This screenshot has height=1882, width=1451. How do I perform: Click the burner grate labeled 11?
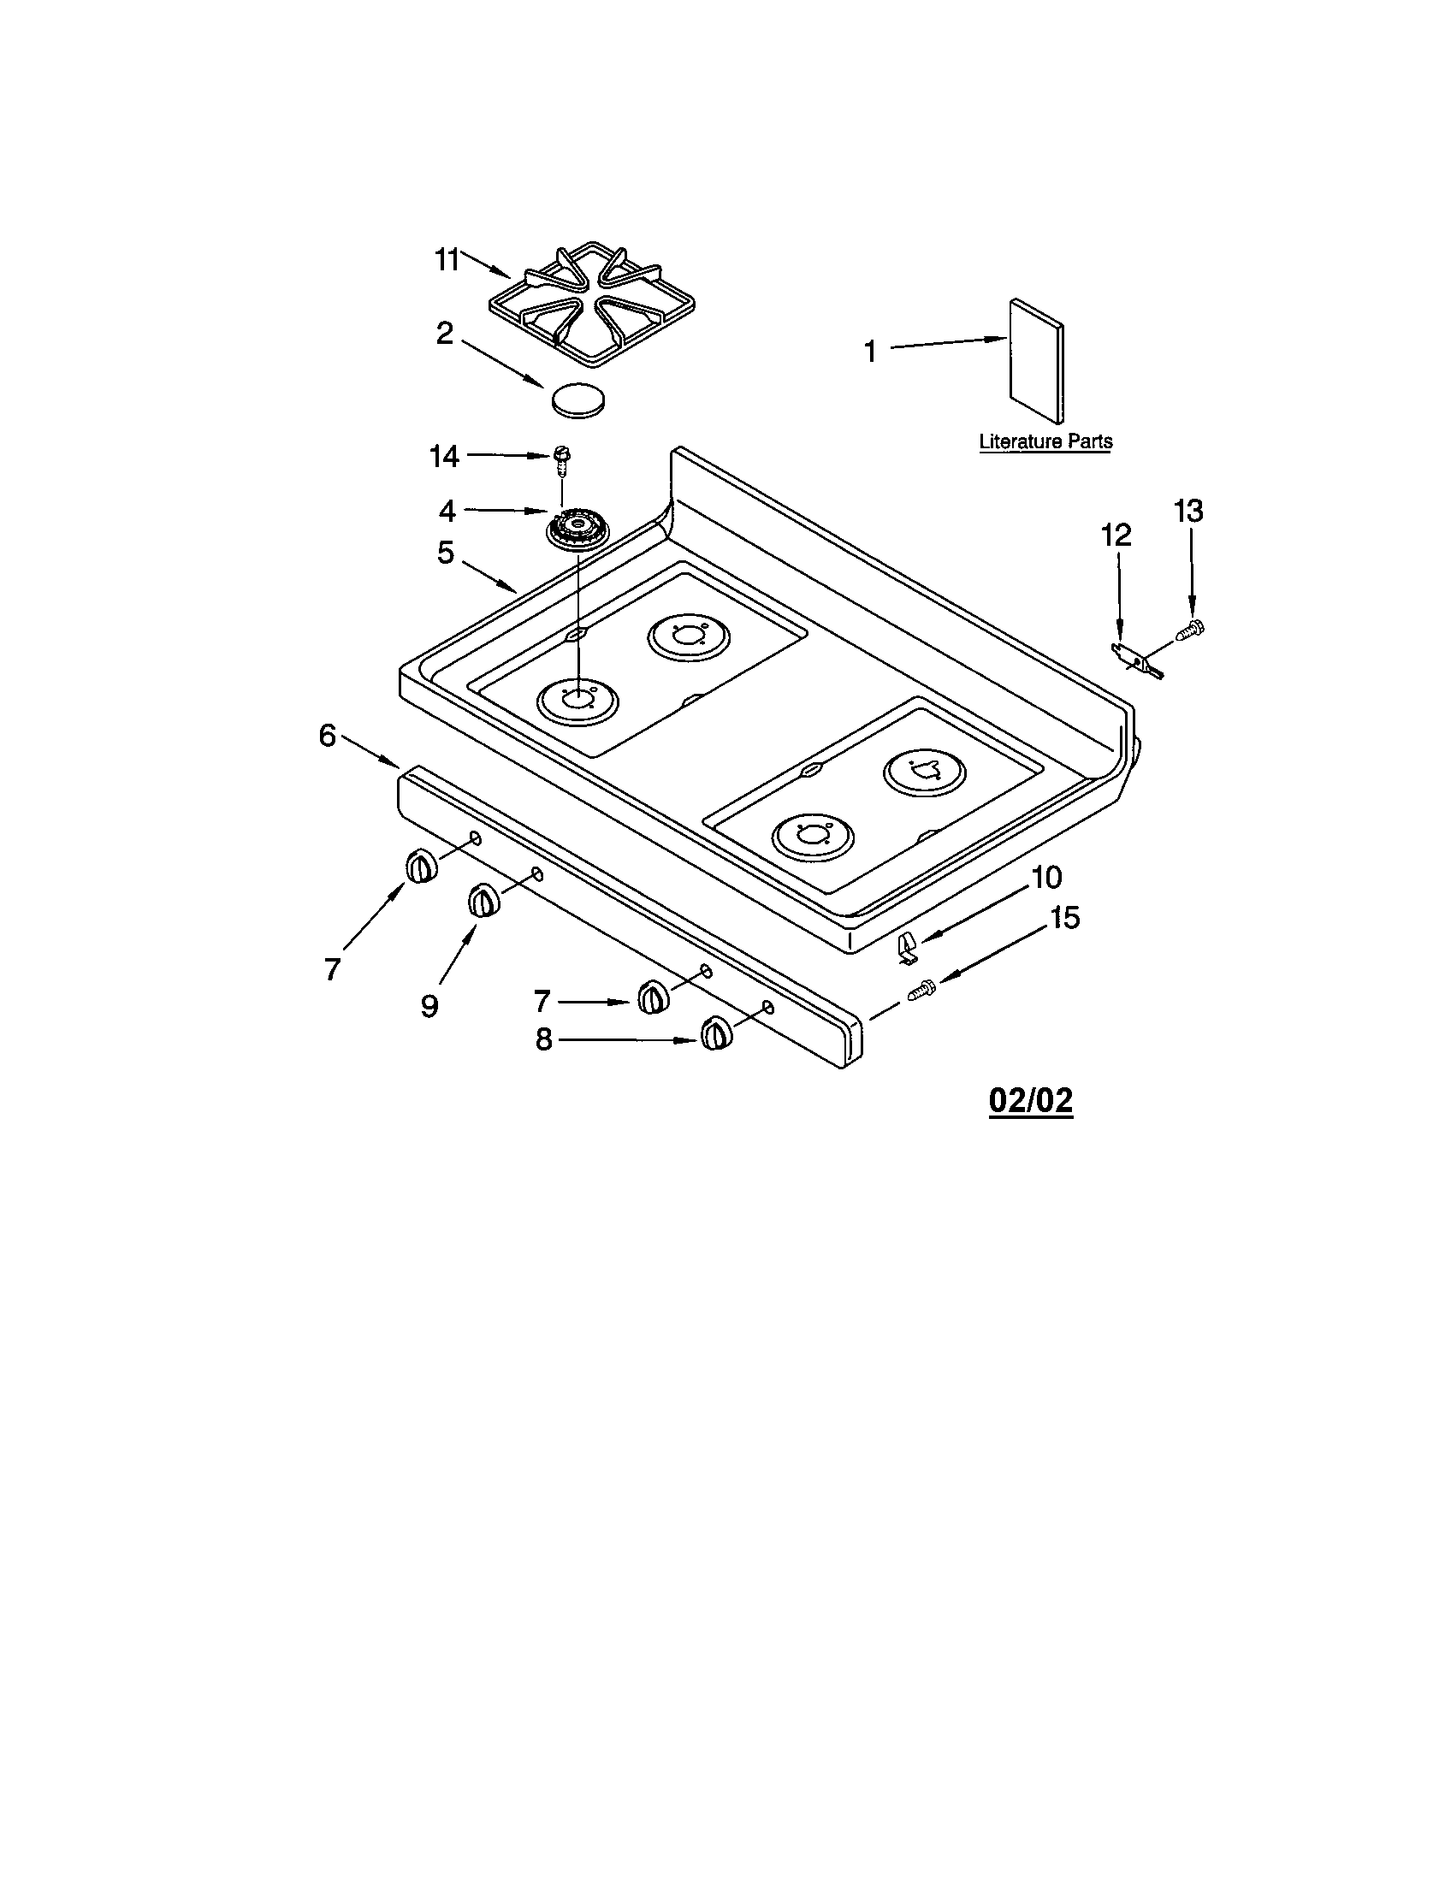click(x=592, y=304)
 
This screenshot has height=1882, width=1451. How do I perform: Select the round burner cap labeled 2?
click(x=577, y=399)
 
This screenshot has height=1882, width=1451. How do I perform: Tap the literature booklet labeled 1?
click(x=1036, y=361)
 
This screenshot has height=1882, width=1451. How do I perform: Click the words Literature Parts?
click(x=1045, y=441)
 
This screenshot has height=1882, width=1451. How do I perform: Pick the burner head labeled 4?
click(x=577, y=527)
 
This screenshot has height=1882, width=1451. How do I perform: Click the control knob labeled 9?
click(x=483, y=902)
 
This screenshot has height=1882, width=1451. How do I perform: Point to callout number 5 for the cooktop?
click(x=445, y=553)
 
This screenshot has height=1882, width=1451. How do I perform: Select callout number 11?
click(x=447, y=259)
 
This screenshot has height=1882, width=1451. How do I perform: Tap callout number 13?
click(x=1188, y=511)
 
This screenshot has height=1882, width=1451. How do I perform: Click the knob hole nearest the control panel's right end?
click(x=767, y=1007)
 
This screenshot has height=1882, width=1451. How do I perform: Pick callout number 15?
click(x=1065, y=918)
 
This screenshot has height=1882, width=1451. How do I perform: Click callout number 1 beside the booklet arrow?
click(x=870, y=352)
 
